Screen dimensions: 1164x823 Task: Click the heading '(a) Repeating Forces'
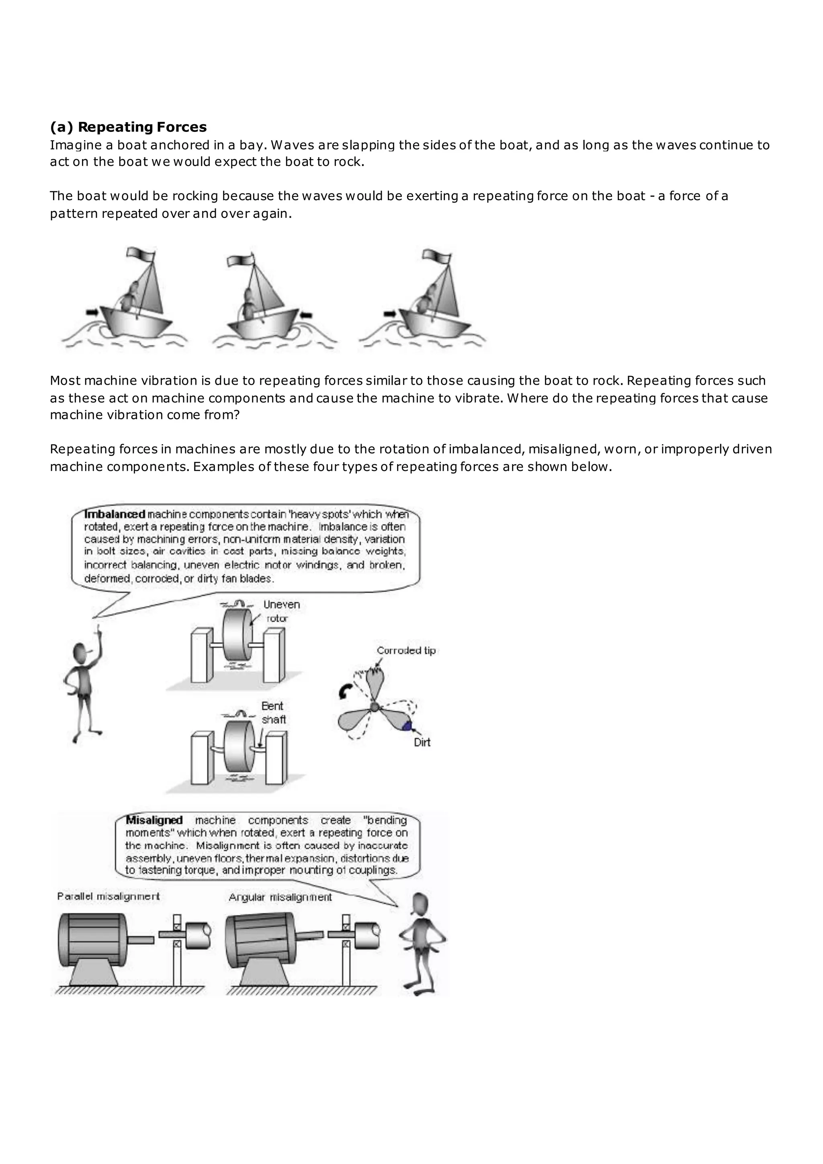(x=128, y=127)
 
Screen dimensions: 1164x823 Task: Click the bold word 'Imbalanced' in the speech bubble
(x=115, y=514)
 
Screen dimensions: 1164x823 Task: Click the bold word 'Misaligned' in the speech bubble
(x=154, y=820)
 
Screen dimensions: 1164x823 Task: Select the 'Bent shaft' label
(x=274, y=712)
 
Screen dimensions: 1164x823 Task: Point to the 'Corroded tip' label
(x=406, y=650)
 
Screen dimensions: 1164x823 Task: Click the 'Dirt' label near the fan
(x=422, y=742)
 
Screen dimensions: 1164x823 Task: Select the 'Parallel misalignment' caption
(x=109, y=896)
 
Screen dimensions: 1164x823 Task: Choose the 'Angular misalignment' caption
(x=280, y=898)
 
